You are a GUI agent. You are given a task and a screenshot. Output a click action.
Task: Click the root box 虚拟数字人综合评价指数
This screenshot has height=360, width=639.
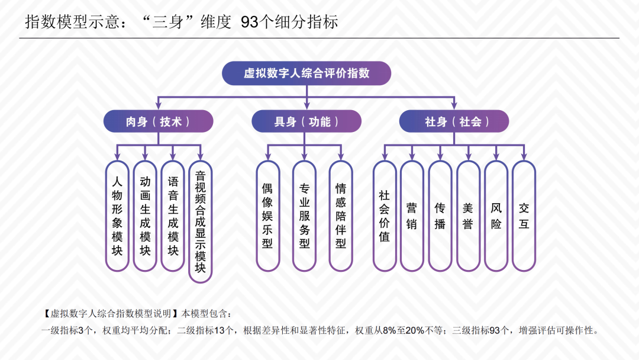pyautogui.click(x=306, y=73)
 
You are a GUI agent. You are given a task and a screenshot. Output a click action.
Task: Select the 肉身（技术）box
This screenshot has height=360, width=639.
pyautogui.click(x=158, y=121)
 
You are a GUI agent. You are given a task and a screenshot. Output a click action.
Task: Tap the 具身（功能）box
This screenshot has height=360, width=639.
pyautogui.click(x=306, y=121)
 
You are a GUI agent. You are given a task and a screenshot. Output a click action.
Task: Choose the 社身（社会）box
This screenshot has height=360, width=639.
pyautogui.click(x=454, y=121)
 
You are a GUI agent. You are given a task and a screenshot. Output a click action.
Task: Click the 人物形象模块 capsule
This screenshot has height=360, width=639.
pyautogui.click(x=117, y=216)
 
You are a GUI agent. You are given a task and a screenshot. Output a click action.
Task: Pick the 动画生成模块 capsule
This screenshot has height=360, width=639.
pyautogui.click(x=145, y=216)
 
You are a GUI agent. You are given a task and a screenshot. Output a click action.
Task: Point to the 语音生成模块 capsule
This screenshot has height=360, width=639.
pyautogui.click(x=173, y=216)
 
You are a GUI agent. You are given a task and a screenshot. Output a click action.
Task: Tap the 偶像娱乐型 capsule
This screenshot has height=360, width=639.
pyautogui.click(x=267, y=216)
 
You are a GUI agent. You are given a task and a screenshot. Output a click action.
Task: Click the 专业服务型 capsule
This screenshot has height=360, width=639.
pyautogui.click(x=304, y=216)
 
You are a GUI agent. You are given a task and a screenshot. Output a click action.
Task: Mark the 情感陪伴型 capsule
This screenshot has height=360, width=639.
pyautogui.click(x=341, y=216)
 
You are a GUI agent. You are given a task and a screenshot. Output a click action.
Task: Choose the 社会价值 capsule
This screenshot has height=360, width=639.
pyautogui.click(x=385, y=216)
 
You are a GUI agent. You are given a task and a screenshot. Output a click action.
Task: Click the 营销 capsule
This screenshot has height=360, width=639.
pyautogui.click(x=412, y=216)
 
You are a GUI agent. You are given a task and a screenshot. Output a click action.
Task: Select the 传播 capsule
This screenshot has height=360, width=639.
pyautogui.click(x=440, y=216)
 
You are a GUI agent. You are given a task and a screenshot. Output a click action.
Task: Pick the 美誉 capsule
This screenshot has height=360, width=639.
pyautogui.click(x=468, y=216)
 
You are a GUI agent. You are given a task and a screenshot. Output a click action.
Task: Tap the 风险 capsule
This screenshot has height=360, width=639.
pyautogui.click(x=496, y=216)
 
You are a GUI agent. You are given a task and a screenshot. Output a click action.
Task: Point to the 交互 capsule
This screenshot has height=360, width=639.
pyautogui.click(x=524, y=216)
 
